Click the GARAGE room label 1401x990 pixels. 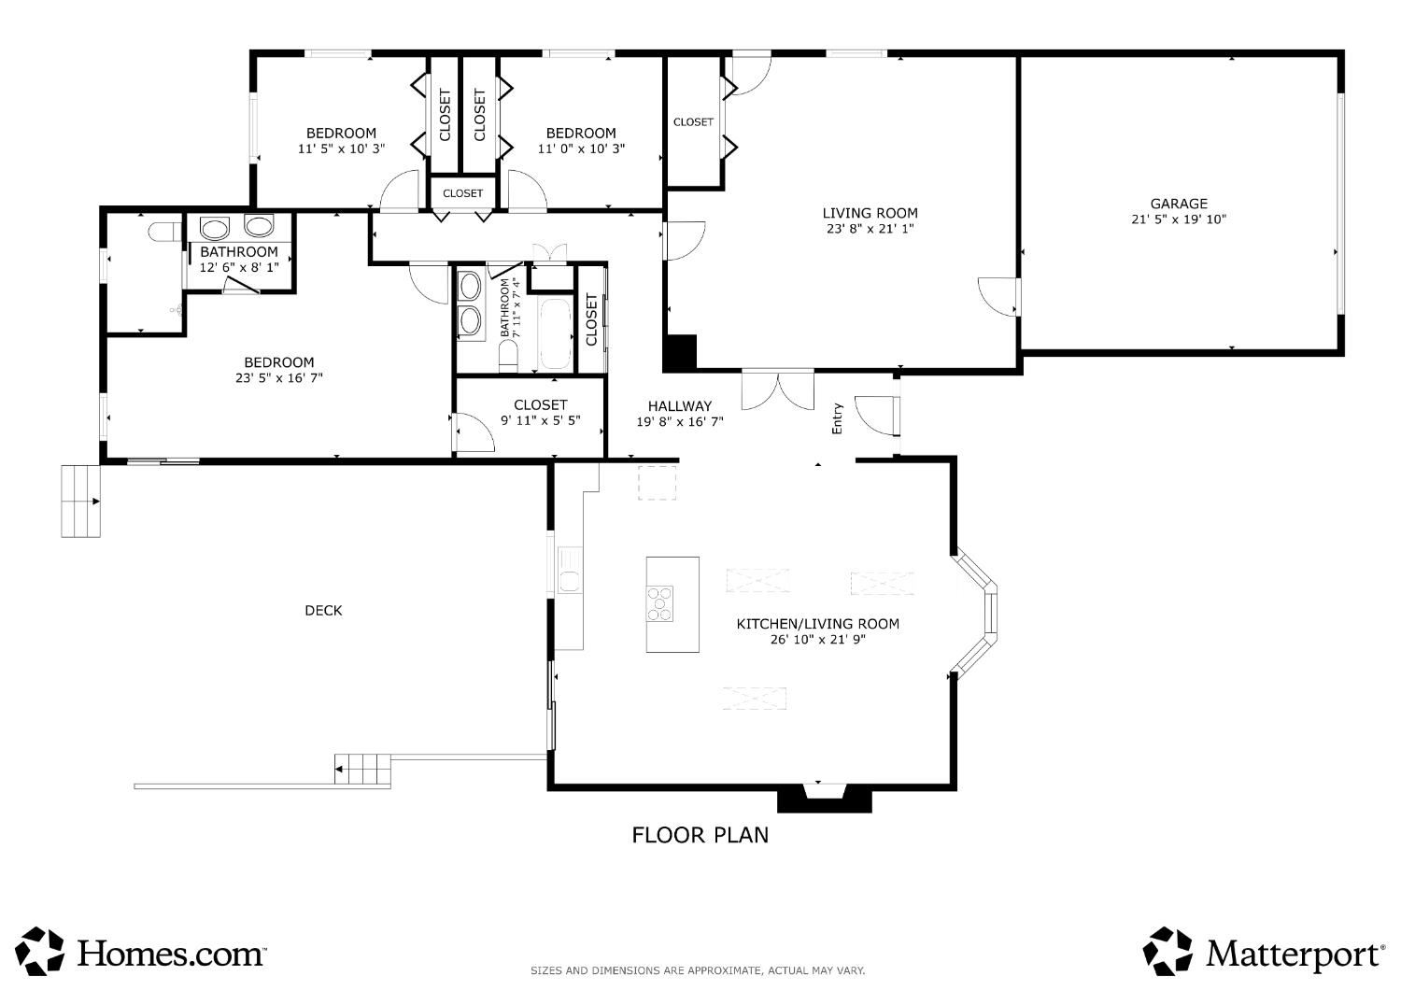(1179, 204)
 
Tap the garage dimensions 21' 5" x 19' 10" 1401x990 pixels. (1179, 219)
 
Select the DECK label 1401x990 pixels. (323, 611)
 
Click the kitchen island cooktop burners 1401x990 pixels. (659, 603)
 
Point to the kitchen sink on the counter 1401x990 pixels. (569, 570)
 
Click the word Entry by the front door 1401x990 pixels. (837, 418)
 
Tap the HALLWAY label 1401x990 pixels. (680, 406)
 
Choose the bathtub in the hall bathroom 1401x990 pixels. (555, 334)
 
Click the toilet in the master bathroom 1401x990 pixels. (164, 232)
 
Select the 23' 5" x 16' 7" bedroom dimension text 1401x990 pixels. (279, 377)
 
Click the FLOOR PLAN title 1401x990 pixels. (700, 835)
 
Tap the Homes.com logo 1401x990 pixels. (141, 953)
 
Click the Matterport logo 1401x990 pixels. (1264, 953)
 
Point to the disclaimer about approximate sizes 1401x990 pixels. (698, 970)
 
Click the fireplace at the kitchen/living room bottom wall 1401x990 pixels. (825, 799)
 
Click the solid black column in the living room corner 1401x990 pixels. (680, 352)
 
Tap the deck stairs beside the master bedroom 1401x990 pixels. (80, 501)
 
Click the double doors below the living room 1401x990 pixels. (778, 390)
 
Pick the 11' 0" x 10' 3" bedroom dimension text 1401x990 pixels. (581, 148)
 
